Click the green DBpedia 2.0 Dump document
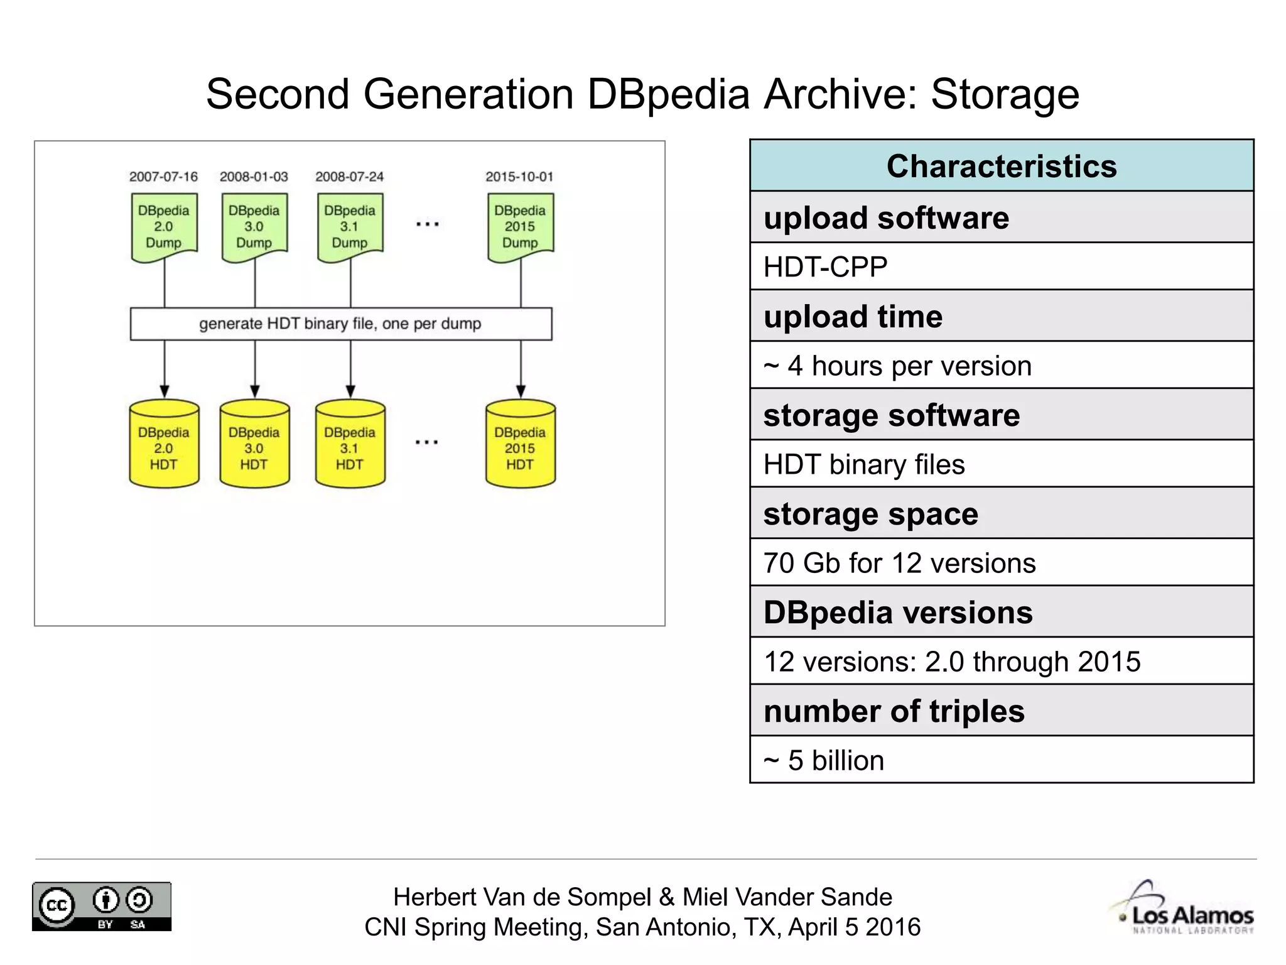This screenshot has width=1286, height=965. [x=164, y=227]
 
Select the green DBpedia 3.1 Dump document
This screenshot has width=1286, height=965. [x=350, y=227]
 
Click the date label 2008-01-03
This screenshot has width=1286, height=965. [x=254, y=177]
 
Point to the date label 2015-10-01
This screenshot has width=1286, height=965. [x=519, y=177]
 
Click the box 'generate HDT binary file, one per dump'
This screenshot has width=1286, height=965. [x=340, y=324]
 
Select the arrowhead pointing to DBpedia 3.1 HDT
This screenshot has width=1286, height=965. [x=350, y=391]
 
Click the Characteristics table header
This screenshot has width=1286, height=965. [x=1002, y=166]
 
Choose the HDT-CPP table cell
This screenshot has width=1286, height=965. [x=1002, y=266]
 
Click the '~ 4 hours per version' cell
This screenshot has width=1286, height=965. [x=1002, y=365]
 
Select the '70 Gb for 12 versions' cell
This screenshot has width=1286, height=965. [x=1002, y=562]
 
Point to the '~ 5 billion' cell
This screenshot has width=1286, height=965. [x=1002, y=760]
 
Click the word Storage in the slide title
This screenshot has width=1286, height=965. [x=1005, y=94]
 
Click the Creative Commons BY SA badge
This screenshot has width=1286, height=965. [x=102, y=907]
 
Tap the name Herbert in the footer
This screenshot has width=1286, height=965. [x=433, y=897]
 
